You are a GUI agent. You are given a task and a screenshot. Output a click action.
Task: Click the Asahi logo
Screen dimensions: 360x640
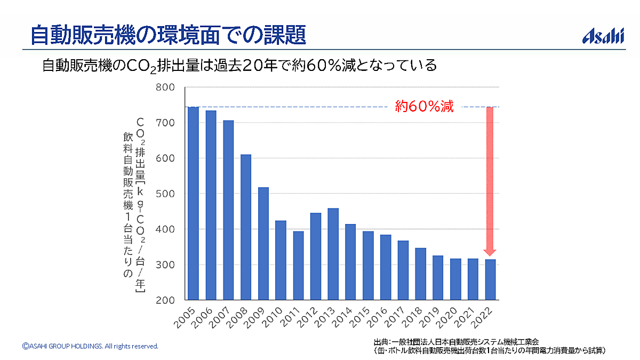603,36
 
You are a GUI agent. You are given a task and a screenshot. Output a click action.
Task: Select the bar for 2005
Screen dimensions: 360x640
193,203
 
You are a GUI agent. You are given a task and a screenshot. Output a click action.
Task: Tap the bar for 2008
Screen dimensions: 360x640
245,227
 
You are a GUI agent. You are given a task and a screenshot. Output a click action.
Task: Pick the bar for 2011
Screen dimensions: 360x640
298,265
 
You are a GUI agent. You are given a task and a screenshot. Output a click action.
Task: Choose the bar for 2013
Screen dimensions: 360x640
333,254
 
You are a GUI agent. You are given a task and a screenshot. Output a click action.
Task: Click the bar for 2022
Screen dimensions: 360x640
490,279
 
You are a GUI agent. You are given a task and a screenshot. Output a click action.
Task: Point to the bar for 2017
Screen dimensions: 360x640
403,270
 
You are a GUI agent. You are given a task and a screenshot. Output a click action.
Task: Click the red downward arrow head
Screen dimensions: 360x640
490,252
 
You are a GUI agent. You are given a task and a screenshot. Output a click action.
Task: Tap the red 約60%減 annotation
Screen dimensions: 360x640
424,106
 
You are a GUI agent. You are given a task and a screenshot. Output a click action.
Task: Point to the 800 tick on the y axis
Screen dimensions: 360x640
165,87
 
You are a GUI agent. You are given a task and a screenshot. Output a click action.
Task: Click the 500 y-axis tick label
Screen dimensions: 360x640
165,194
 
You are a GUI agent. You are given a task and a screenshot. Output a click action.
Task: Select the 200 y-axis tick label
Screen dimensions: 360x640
165,300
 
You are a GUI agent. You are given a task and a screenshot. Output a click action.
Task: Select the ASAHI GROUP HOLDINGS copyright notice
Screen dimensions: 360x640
90,346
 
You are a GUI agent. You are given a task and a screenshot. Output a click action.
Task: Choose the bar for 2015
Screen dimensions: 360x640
368,265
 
